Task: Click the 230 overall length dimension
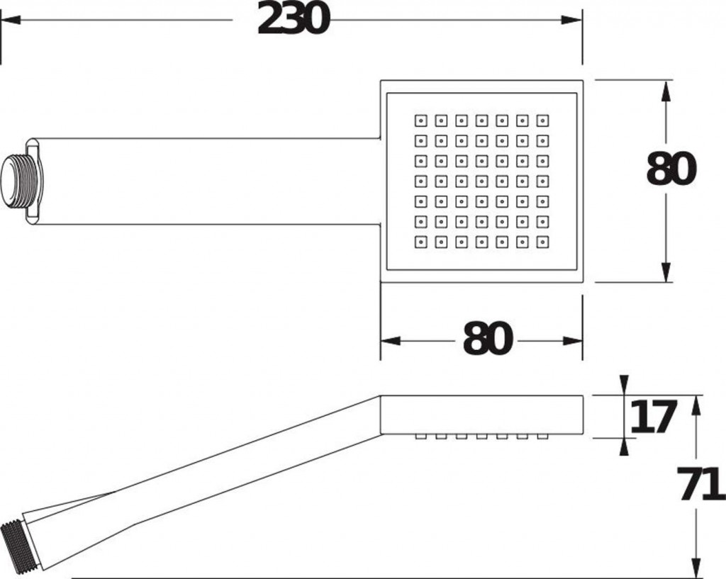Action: click(293, 20)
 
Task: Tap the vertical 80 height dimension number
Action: click(671, 169)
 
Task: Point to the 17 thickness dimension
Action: click(653, 417)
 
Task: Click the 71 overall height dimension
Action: click(701, 484)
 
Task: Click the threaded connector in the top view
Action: click(22, 181)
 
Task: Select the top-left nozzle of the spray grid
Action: click(421, 120)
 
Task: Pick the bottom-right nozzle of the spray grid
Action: click(542, 242)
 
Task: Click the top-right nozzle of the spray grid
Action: click(542, 120)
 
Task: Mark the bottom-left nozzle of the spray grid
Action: click(421, 242)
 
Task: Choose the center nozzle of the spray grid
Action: click(482, 181)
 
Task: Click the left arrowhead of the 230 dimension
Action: click(11, 20)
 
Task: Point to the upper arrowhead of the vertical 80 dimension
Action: click(666, 91)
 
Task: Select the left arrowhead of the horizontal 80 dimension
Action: click(391, 341)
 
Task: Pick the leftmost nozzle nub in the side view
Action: click(421, 437)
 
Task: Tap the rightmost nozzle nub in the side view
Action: click(542, 437)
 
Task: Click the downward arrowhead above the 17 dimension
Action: click(624, 385)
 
